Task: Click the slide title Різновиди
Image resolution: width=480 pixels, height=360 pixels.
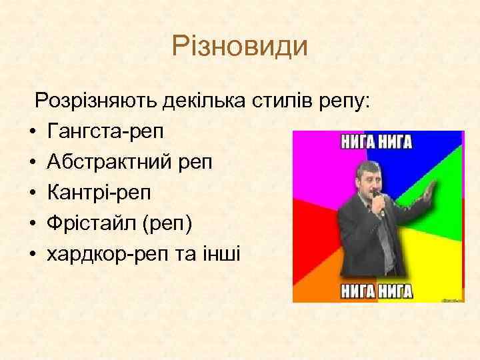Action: pyautogui.click(x=239, y=47)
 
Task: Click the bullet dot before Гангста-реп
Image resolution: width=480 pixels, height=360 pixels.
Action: pyautogui.click(x=32, y=133)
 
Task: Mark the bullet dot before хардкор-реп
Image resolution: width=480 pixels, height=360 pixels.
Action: pyautogui.click(x=32, y=255)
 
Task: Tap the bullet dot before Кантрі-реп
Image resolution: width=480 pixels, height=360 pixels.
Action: pyautogui.click(x=32, y=194)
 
